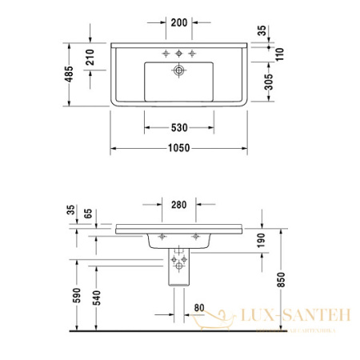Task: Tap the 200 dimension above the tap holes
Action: point(179,22)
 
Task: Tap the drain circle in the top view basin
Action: point(179,70)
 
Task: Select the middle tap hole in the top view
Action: point(179,54)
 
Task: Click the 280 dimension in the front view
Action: point(179,206)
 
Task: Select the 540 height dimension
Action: point(98,297)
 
